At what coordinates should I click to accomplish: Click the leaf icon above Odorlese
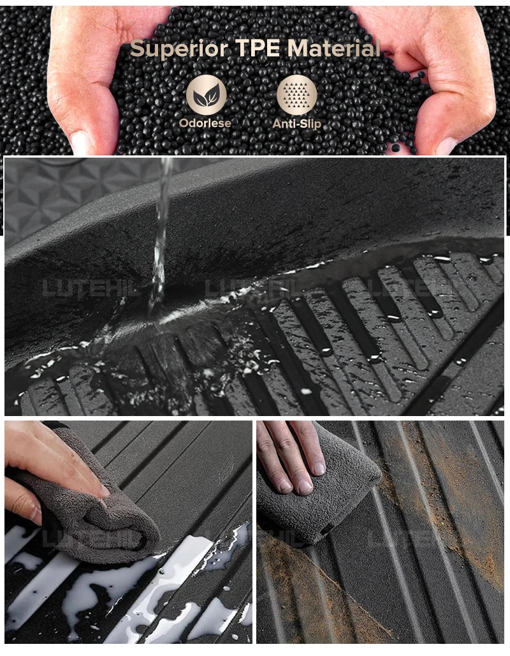click(206, 95)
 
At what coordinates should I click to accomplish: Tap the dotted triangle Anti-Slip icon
click(296, 95)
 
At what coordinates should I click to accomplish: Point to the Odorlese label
click(205, 123)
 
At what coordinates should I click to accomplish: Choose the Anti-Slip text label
click(296, 123)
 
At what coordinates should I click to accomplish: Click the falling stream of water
click(160, 236)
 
